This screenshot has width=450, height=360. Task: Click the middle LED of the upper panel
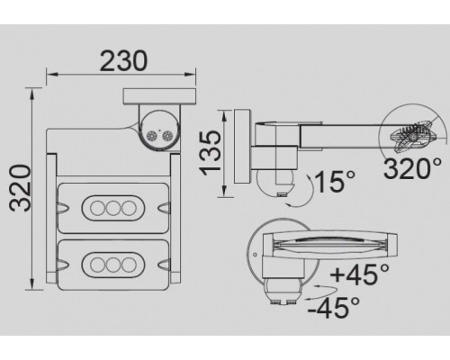114,208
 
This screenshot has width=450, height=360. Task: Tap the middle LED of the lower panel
114,265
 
